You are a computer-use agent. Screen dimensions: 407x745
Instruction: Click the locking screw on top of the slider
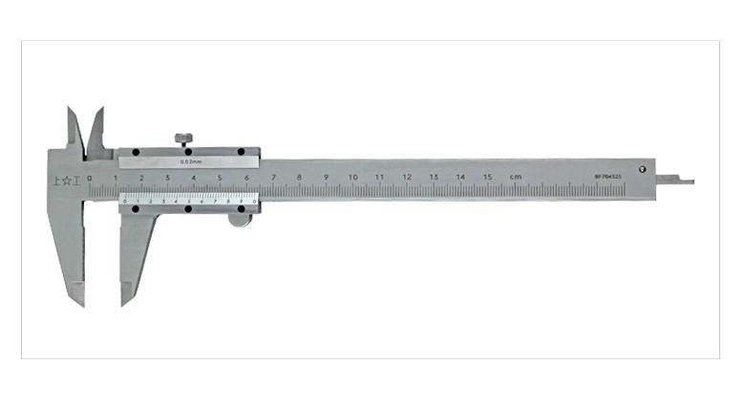183,139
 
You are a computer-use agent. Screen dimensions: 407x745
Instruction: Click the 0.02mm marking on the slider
189,162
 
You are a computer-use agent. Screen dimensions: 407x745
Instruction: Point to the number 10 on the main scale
352,177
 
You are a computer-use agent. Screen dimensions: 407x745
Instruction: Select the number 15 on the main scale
487,177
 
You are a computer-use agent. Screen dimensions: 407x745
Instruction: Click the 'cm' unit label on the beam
516,177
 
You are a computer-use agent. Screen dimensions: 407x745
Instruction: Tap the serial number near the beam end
608,177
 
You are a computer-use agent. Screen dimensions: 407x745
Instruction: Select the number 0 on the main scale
89,178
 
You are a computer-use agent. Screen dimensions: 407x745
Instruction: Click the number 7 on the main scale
273,177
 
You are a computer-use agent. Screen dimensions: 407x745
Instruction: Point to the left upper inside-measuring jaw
74,129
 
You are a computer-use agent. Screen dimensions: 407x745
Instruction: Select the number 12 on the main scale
406,177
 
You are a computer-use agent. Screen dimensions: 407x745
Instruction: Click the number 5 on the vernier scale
189,201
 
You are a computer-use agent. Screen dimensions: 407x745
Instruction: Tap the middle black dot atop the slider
189,152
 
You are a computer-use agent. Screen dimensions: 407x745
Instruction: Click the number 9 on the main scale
326,177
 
